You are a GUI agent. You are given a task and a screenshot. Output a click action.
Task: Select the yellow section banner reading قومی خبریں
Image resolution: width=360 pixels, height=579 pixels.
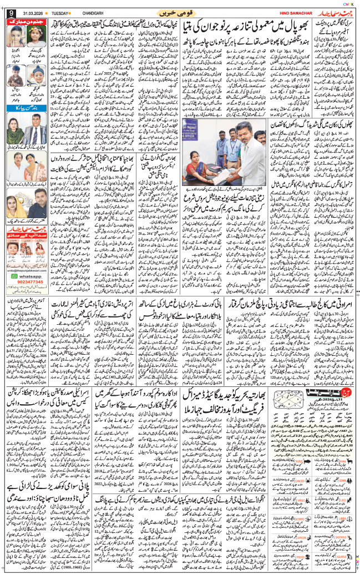click(x=180, y=12)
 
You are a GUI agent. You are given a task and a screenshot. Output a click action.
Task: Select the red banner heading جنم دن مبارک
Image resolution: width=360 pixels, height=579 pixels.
click(x=27, y=21)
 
